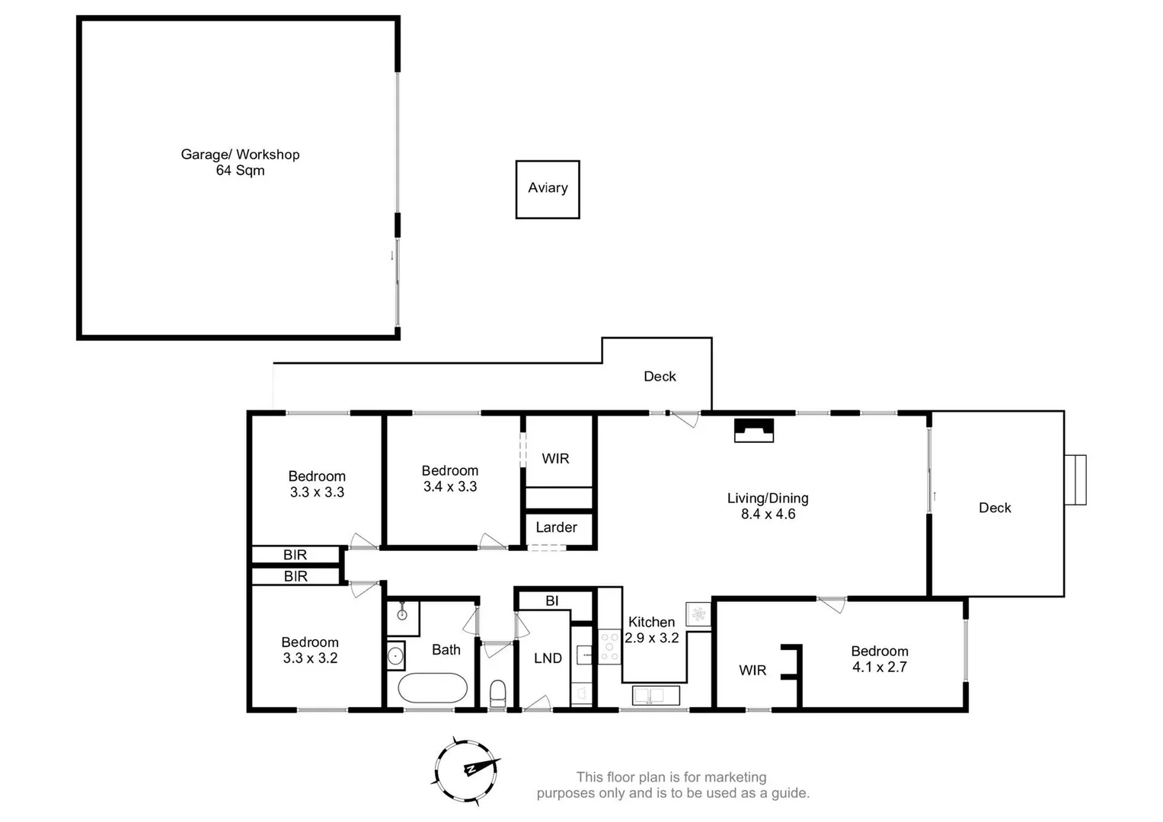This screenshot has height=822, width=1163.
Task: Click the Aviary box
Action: coord(548,189)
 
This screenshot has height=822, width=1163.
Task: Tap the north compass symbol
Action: coord(467,769)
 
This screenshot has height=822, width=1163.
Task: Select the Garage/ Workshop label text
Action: coord(240,155)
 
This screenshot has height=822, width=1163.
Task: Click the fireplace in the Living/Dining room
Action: coord(753,430)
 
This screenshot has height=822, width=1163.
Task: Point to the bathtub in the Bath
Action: coord(432,688)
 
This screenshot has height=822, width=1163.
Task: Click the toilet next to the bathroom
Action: coord(497,693)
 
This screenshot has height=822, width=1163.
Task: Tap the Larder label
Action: coord(556,527)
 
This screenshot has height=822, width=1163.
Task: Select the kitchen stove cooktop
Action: coord(609,646)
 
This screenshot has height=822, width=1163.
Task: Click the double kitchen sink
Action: coord(656,695)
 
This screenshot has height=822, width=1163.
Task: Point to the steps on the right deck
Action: coord(1075,479)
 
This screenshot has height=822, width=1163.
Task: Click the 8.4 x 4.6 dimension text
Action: coord(768,515)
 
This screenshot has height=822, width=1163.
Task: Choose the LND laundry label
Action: coord(548,658)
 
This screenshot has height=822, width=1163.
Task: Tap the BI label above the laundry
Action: coord(552,601)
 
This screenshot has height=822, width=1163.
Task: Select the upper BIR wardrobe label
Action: coord(295,555)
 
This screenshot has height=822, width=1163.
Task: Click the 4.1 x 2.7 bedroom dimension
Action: coord(879,667)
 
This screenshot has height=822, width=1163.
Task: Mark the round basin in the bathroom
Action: coord(395,655)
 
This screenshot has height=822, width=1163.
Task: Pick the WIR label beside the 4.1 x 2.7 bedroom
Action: coord(752,671)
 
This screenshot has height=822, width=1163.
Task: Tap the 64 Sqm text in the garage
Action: coord(240,170)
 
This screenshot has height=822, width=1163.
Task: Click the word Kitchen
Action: coord(651,623)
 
